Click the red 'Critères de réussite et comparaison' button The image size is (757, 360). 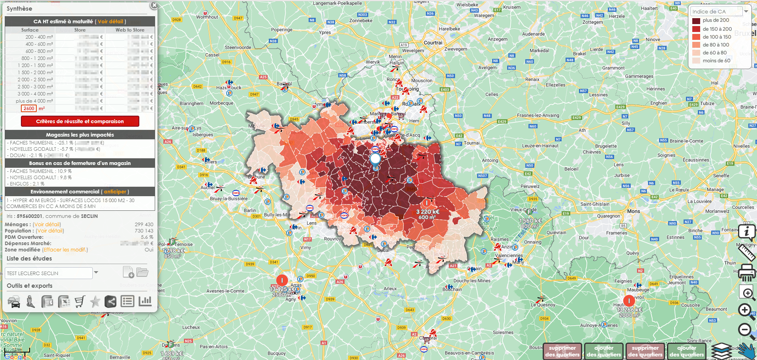tap(80, 121)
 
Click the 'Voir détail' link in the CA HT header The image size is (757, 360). tap(111, 22)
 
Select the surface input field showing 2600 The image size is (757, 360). tap(29, 109)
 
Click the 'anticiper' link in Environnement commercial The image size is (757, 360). tap(115, 192)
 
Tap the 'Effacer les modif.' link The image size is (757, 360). tap(65, 250)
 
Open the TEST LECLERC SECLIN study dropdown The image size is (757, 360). tap(96, 273)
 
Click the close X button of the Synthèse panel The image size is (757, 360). tap(154, 6)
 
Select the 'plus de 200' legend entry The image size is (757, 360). tap(716, 21)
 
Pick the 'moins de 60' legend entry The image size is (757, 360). tap(716, 61)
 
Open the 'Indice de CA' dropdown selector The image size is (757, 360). tap(746, 12)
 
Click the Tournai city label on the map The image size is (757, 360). tap(472, 143)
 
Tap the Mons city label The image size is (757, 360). tap(633, 211)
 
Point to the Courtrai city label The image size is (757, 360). tap(433, 43)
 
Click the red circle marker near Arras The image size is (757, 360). tap(282, 281)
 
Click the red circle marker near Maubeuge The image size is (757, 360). tap(629, 301)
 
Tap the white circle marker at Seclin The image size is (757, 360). tap(375, 159)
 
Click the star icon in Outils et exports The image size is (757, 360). tap(95, 302)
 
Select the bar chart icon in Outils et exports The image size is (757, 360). tap(145, 301)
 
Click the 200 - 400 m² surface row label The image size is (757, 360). tap(39, 37)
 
